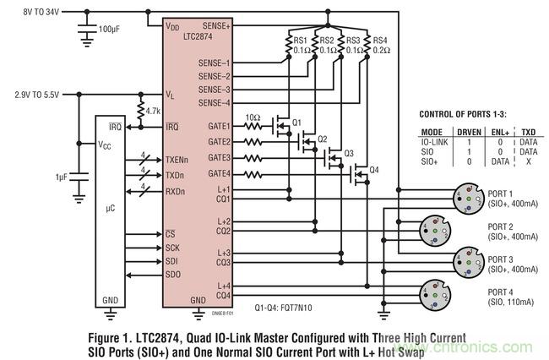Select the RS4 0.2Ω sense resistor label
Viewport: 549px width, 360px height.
point(381,44)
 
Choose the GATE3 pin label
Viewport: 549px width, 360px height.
point(219,157)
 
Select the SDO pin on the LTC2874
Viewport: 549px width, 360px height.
point(173,275)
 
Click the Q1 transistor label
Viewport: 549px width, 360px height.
point(297,122)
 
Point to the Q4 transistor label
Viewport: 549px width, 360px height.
point(374,169)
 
